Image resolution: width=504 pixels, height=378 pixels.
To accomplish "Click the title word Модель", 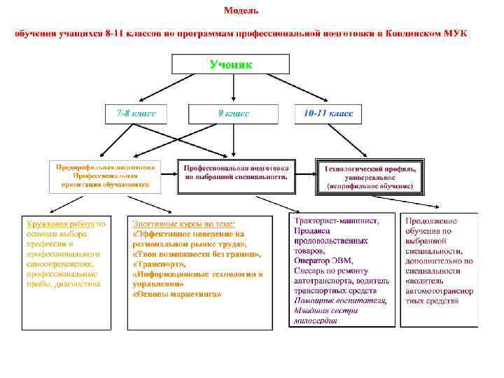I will tap(241, 10).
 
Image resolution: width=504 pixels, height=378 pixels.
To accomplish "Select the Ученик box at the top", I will tap(232, 64).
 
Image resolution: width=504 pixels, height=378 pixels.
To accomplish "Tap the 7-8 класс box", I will tap(136, 113).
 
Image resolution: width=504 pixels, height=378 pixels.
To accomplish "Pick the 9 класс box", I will tap(232, 113).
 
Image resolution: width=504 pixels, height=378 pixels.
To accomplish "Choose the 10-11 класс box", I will tap(328, 113).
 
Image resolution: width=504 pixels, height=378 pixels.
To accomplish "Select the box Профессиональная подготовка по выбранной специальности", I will tap(236, 174).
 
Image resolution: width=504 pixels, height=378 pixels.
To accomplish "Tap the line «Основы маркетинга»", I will tap(176, 294).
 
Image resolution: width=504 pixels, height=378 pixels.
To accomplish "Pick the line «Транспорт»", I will tap(160, 265).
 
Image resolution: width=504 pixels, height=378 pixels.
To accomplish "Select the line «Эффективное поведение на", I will tap(188, 234).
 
